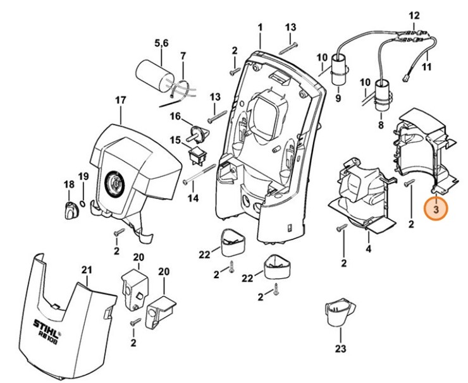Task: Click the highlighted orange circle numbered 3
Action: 435,207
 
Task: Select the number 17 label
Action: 120,100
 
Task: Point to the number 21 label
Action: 87,271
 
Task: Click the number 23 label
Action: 341,348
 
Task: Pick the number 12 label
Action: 432,15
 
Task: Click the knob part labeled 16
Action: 200,133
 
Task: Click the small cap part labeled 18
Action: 70,209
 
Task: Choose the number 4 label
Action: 367,249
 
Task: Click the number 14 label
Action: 193,198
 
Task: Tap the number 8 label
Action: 381,125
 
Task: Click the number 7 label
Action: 183,56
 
